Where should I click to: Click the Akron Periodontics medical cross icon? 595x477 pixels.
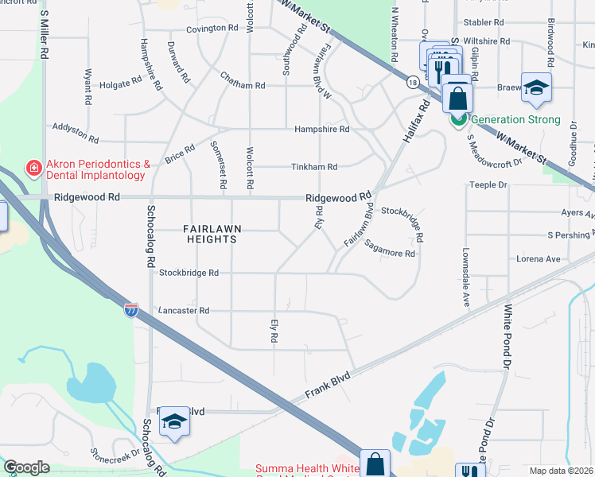pyautogui.click(x=33, y=169)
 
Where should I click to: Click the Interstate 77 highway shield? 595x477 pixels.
pyautogui.click(x=130, y=310)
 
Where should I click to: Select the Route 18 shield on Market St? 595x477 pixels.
pyautogui.click(x=412, y=82)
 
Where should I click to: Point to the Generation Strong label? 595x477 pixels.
pyautogui.click(x=515, y=120)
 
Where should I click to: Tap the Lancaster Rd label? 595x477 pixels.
pyautogui.click(x=184, y=311)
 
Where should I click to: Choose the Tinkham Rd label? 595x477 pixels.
pyautogui.click(x=316, y=167)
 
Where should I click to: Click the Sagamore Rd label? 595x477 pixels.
pyautogui.click(x=391, y=250)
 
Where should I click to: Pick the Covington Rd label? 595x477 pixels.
pyautogui.click(x=212, y=28)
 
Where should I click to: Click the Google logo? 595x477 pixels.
pyautogui.click(x=26, y=467)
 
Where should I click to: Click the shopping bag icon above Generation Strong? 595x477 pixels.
pyautogui.click(x=458, y=99)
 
